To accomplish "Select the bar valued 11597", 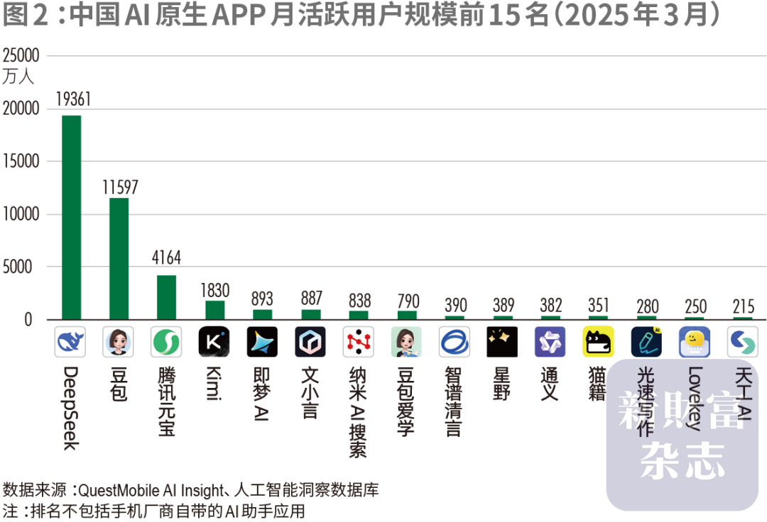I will pyautogui.click(x=119, y=258).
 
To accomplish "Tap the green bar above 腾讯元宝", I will pyautogui.click(x=166, y=297).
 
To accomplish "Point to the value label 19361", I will pyautogui.click(x=72, y=100).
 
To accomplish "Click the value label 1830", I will pyautogui.click(x=214, y=289).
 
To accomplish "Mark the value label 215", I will pyautogui.click(x=743, y=306).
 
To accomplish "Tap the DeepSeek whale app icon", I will pyautogui.click(x=70, y=342).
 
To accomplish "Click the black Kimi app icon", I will pyautogui.click(x=214, y=342).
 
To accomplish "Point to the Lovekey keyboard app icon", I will pyautogui.click(x=695, y=342).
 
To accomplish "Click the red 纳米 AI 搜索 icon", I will pyautogui.click(x=359, y=342).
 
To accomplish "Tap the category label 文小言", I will pyautogui.click(x=310, y=392).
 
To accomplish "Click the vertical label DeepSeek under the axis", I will pyautogui.click(x=70, y=409).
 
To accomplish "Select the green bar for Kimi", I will pyautogui.click(x=214, y=310).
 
